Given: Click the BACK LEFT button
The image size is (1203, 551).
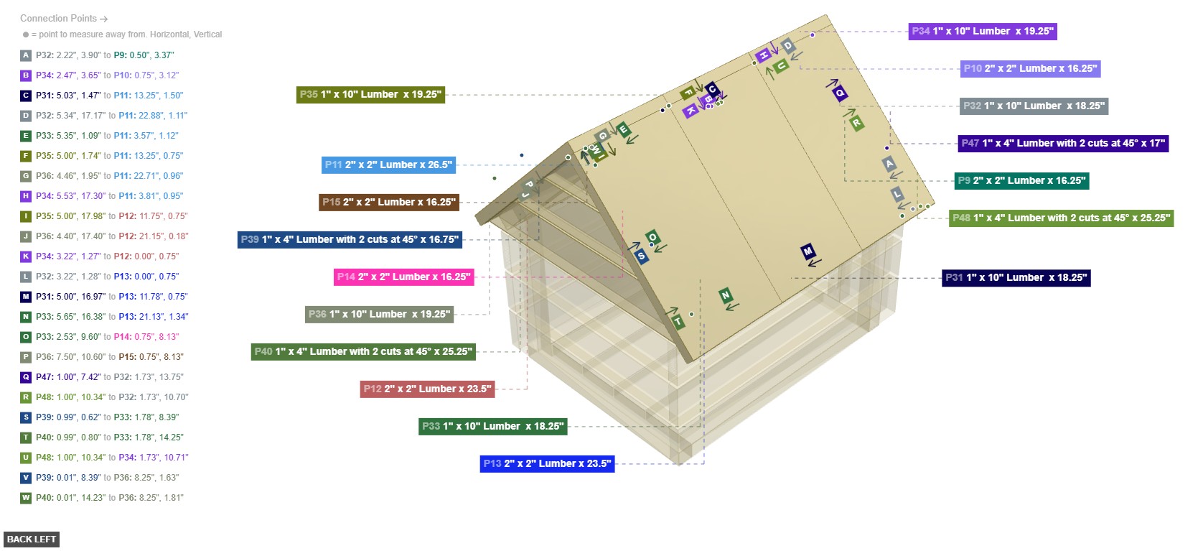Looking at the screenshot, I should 31,539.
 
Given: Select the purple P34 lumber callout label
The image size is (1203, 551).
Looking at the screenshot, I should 982,31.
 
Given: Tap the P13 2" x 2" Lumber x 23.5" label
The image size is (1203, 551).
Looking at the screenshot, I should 547,463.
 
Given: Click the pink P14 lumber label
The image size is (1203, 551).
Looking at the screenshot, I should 403,277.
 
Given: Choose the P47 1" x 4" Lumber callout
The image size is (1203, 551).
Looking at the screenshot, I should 1063,143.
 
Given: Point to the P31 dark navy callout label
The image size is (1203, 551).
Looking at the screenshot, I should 1016,277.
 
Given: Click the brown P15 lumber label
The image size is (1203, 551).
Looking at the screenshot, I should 388,202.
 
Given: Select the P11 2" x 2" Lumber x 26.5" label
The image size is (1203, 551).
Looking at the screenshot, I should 388,165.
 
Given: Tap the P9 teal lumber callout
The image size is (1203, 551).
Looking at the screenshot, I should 1021,180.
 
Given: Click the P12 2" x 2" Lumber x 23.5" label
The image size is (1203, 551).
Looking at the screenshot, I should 427,389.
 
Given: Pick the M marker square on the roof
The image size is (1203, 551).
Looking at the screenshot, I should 808,251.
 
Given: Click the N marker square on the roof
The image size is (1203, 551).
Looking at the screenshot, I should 726,295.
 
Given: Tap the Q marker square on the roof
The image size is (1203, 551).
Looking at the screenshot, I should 840,93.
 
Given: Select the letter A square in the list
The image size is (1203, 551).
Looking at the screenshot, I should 26,55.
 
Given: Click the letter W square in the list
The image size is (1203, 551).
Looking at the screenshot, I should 26,498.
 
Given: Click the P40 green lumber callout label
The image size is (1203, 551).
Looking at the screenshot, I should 362,351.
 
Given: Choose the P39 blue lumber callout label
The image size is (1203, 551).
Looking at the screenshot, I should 350,239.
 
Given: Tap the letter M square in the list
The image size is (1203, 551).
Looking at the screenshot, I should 26,297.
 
